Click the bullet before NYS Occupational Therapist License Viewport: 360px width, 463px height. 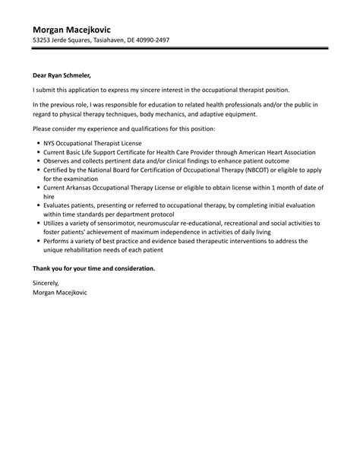38,143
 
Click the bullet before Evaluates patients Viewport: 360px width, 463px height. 38,205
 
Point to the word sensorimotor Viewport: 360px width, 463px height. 109,224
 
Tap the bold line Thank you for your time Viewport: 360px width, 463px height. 93,268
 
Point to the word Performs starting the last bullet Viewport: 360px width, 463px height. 59,241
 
